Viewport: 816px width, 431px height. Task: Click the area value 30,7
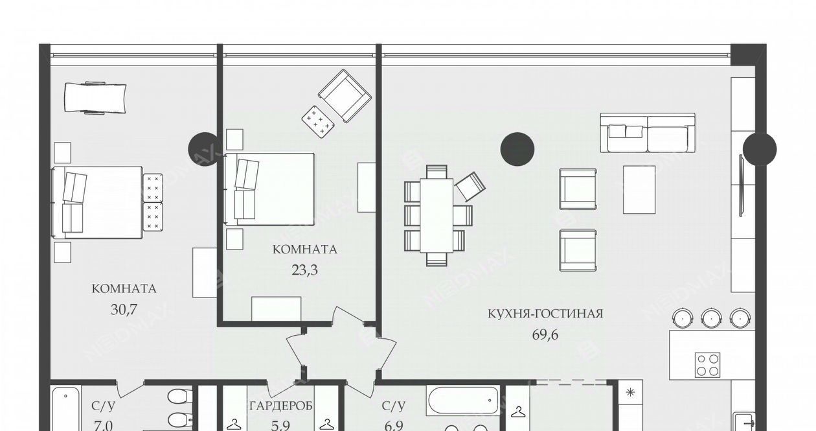[124, 310]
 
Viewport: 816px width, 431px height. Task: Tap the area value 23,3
[304, 270]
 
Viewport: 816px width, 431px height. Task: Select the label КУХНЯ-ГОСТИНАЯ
[545, 314]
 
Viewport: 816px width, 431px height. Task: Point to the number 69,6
[545, 334]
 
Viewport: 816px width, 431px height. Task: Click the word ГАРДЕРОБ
[281, 406]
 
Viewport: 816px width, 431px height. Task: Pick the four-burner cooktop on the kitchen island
[708, 365]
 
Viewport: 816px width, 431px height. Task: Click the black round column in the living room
[517, 149]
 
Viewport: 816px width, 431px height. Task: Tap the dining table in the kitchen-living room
[436, 215]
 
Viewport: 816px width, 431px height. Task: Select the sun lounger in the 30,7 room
[95, 98]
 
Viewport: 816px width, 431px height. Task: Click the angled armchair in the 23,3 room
[345, 96]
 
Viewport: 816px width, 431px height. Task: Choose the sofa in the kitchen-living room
[648, 133]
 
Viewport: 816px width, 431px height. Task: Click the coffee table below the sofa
[639, 190]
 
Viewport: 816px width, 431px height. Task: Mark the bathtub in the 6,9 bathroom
[462, 401]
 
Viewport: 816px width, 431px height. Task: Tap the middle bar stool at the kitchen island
[712, 318]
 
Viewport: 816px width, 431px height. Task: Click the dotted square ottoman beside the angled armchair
[319, 122]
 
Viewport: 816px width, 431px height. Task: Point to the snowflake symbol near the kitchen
[630, 393]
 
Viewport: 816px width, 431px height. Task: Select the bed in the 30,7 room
[97, 203]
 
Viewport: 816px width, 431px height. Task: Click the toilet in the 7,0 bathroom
[180, 397]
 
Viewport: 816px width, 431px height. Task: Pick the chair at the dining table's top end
[436, 171]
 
